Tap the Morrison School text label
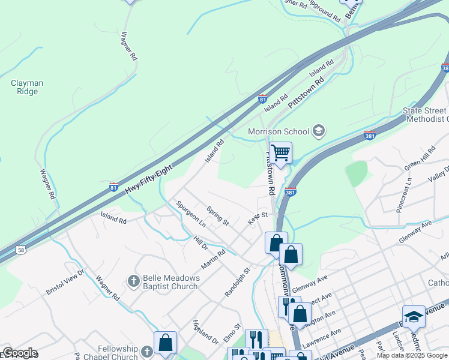click(x=279, y=131)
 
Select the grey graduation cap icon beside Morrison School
click(x=319, y=131)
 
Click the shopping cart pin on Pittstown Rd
click(x=280, y=153)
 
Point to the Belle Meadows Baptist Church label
click(x=170, y=282)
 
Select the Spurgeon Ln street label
click(x=191, y=214)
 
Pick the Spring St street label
click(x=217, y=216)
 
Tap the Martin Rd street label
click(x=213, y=259)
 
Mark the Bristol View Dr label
click(x=66, y=281)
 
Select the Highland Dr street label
click(x=205, y=332)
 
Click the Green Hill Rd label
click(x=420, y=158)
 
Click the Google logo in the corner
click(x=19, y=353)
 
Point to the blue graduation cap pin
click(x=414, y=316)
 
